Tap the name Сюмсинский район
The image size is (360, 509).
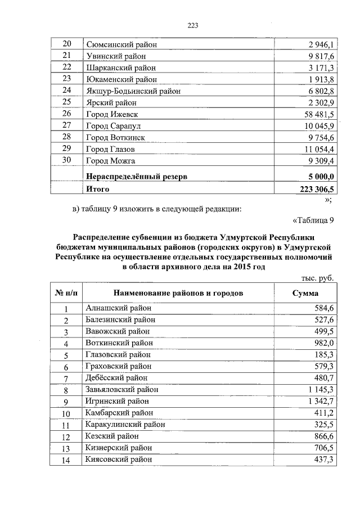click(121, 44)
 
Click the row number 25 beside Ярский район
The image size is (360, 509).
click(67, 102)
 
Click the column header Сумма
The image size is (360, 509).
click(305, 293)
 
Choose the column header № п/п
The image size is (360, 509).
click(66, 293)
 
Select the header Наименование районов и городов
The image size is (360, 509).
click(178, 293)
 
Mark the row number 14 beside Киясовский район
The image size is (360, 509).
click(66, 460)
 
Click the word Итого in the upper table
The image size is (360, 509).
click(97, 190)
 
